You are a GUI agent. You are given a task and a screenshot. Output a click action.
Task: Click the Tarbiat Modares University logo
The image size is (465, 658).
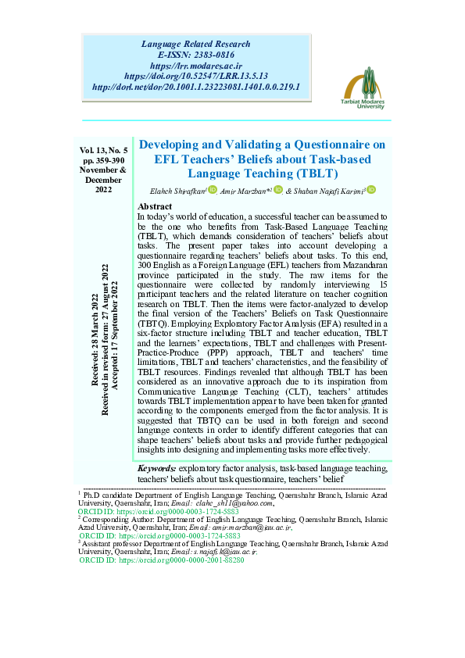[366, 88]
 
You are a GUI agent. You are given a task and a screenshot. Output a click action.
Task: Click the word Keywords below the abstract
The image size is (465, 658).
[156, 468]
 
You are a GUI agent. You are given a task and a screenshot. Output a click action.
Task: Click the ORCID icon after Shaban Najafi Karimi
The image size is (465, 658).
[372, 190]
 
